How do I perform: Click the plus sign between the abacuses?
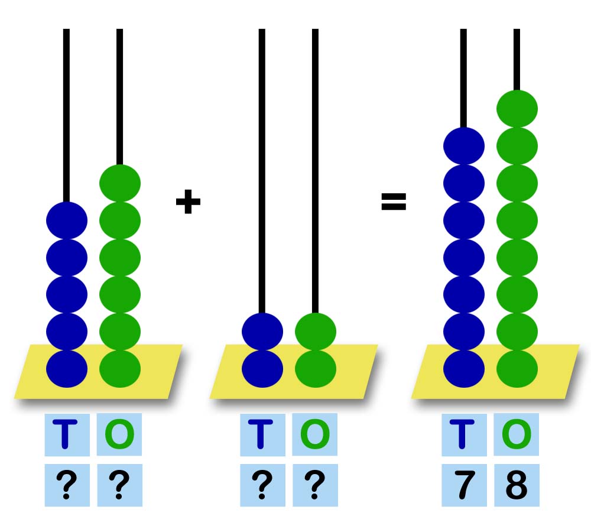[x=188, y=202]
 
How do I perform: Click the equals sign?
[x=393, y=202]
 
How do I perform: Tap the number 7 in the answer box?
[x=464, y=485]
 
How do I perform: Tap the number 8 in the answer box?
[x=516, y=485]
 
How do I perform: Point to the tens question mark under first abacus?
[x=67, y=485]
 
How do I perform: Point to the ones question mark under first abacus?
[x=119, y=485]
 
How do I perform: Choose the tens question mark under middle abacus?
[x=262, y=485]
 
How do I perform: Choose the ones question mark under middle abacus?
[x=315, y=485]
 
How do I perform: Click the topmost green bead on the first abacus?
[x=119, y=183]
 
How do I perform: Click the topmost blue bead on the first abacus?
[x=67, y=220]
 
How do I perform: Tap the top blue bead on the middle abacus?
[x=262, y=331]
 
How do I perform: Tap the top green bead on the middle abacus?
[x=315, y=331]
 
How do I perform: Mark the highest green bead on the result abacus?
[x=517, y=108]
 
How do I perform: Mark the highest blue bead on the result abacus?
[x=464, y=145]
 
